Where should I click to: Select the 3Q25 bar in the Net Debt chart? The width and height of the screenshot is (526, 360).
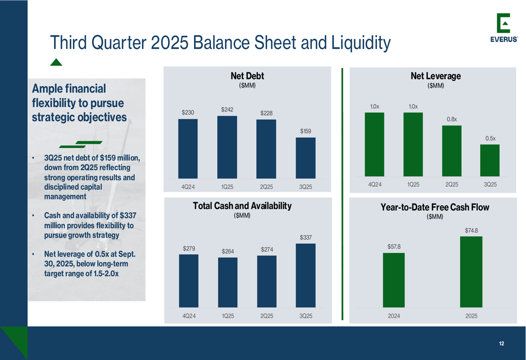pos(306,158)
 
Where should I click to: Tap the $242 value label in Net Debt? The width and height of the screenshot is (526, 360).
pos(227,109)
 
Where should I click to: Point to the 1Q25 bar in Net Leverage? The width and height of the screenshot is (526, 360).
pos(413,144)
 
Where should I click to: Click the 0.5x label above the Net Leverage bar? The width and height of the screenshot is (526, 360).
pos(490,138)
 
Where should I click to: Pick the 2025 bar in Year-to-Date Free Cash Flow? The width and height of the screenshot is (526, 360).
pos(471,272)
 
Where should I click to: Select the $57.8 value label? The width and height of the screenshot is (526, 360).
pos(393,246)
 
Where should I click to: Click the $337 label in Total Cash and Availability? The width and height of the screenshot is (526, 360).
pos(306,238)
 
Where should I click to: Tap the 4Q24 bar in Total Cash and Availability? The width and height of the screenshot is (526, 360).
pos(188,281)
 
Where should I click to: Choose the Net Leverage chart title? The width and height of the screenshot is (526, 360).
pos(436,76)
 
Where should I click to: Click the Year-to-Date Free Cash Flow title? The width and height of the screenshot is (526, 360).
pos(434,208)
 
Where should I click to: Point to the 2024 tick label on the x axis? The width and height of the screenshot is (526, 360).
pos(393,316)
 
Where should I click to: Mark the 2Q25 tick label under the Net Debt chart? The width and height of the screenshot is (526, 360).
pos(267,187)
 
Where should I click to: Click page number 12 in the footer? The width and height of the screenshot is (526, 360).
pos(501,344)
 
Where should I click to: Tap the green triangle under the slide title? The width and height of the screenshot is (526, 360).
pos(56,63)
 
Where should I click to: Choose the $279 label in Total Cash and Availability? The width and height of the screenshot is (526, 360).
pos(188,248)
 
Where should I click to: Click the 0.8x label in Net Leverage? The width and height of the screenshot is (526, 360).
pos(452,119)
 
